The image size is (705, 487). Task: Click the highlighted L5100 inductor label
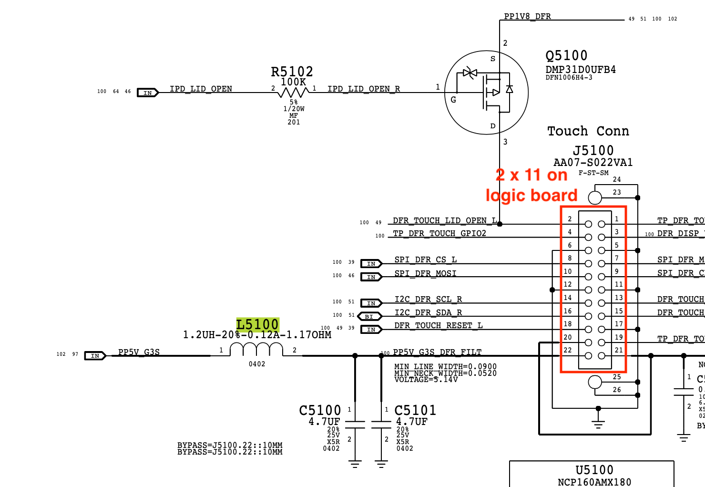click(257, 325)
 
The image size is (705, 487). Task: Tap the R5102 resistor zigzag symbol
click(293, 92)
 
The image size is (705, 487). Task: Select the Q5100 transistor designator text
click(566, 56)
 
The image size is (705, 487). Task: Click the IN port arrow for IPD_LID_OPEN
click(148, 93)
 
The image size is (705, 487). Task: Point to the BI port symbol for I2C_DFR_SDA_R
click(369, 316)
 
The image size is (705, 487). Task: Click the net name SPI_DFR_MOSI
click(425, 273)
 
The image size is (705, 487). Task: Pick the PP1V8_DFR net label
click(527, 16)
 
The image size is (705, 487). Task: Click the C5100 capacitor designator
click(320, 411)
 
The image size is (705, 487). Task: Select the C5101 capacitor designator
click(415, 411)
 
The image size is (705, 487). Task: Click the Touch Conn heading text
click(588, 131)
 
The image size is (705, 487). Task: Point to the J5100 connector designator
click(593, 151)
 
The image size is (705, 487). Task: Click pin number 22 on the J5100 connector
click(568, 350)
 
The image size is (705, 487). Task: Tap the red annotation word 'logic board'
click(531, 196)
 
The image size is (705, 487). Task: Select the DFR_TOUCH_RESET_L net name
click(439, 325)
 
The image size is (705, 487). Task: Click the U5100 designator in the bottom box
click(594, 470)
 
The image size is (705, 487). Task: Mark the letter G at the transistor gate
click(453, 100)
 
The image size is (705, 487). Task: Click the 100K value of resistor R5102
click(293, 82)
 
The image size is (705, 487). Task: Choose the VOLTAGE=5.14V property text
click(426, 380)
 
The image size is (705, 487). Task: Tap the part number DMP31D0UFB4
click(581, 70)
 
